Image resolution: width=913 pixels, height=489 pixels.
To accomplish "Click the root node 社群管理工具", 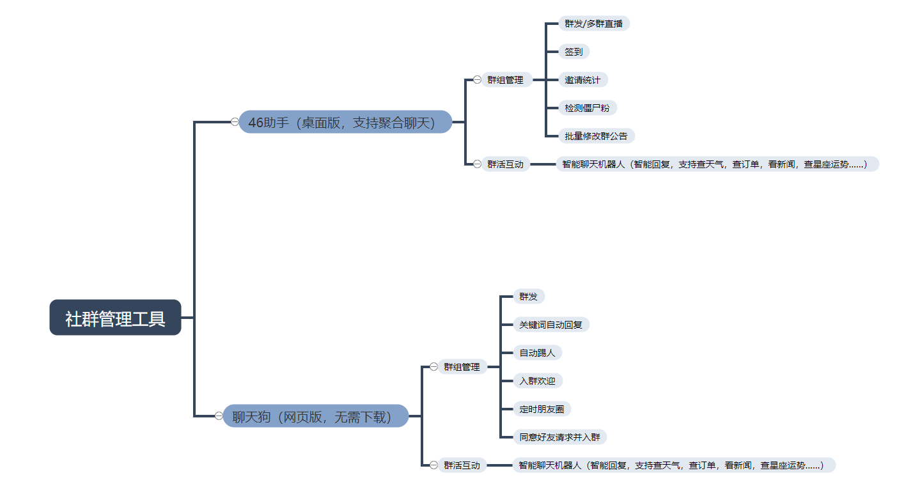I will [115, 317].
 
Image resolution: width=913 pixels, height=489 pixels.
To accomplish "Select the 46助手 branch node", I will [345, 122].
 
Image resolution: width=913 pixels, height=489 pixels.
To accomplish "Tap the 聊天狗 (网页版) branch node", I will [316, 416].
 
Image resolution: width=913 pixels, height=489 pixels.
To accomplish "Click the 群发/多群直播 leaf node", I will [593, 24].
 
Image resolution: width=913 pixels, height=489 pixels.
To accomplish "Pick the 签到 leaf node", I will [574, 52].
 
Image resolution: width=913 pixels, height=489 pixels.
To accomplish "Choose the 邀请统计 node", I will [582, 80].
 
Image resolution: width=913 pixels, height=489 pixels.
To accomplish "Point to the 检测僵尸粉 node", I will [587, 108].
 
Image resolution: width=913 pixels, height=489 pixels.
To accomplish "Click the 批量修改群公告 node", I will [596, 136].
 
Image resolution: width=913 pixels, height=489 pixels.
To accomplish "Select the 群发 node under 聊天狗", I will [528, 297].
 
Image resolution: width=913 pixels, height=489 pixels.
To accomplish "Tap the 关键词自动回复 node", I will [550, 325].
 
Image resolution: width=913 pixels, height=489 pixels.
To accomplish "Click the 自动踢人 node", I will [537, 353].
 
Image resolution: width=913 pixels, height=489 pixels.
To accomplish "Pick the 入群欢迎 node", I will [537, 381].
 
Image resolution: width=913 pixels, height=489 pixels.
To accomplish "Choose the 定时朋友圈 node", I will [542, 409].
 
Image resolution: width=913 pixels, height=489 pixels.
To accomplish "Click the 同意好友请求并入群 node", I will [559, 437].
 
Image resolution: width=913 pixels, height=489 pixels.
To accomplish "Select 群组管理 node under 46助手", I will [505, 80].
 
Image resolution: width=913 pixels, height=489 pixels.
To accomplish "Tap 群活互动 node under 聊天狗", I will [462, 465].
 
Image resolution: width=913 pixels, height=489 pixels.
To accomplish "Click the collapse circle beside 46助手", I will [235, 122].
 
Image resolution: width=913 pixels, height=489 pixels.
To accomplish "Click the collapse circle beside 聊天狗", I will [219, 416].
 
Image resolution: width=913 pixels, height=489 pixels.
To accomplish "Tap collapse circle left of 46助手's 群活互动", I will [477, 164].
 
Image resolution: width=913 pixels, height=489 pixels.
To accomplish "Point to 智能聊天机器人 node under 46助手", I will [717, 164].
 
